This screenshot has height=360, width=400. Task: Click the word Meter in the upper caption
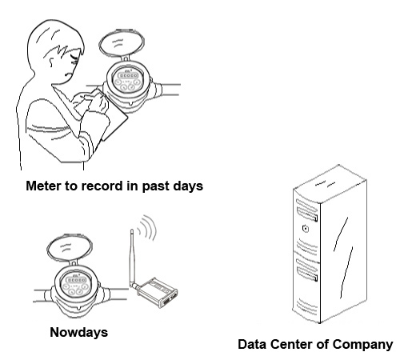(x=43, y=186)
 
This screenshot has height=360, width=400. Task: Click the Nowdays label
(x=79, y=333)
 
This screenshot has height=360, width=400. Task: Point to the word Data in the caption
(x=252, y=344)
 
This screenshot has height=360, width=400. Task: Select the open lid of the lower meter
(x=70, y=249)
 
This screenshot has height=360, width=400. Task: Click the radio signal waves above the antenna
(x=146, y=227)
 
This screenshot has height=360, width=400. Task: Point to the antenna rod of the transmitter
(x=133, y=258)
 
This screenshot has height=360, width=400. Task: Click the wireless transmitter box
(x=157, y=293)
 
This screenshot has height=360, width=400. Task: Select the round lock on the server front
(x=306, y=229)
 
